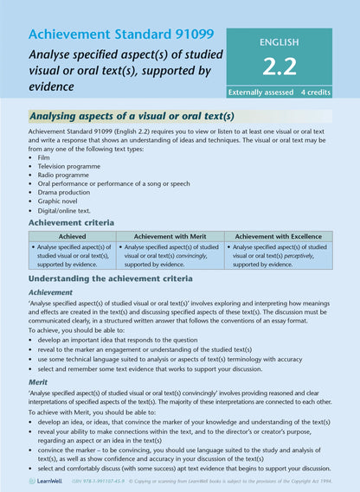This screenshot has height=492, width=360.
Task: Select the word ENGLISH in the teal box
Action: tap(279, 41)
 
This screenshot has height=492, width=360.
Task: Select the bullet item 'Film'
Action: tap(45, 159)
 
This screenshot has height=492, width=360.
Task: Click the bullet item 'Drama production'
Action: tap(65, 199)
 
